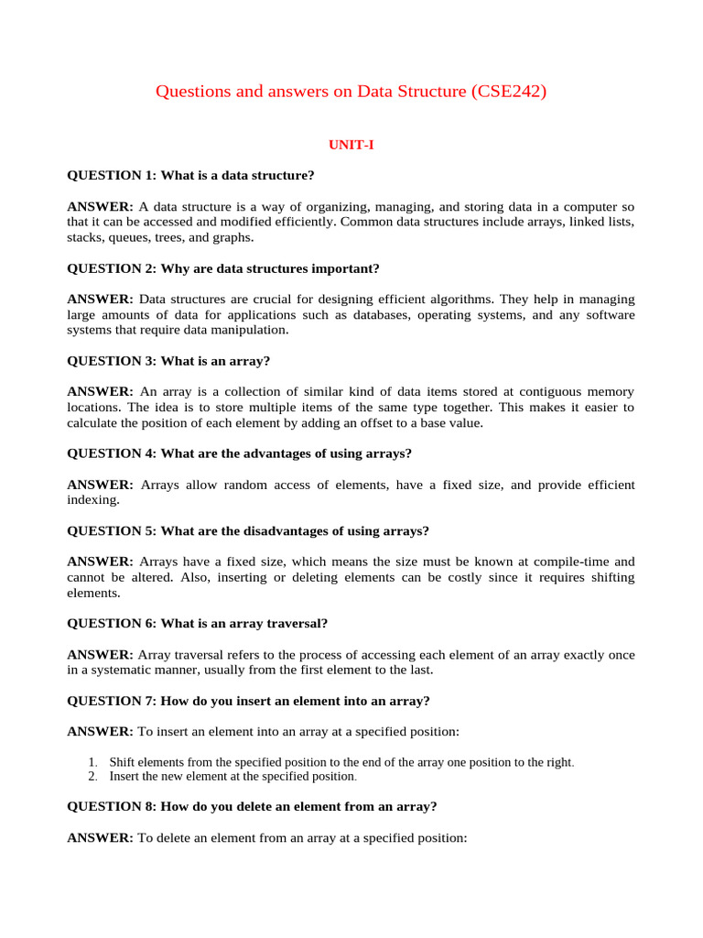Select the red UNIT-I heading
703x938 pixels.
tap(351, 145)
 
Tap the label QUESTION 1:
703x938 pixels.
tap(112, 175)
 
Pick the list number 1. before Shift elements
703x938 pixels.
tap(93, 762)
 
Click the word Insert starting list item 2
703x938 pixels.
tap(125, 776)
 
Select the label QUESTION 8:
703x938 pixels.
tap(112, 807)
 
